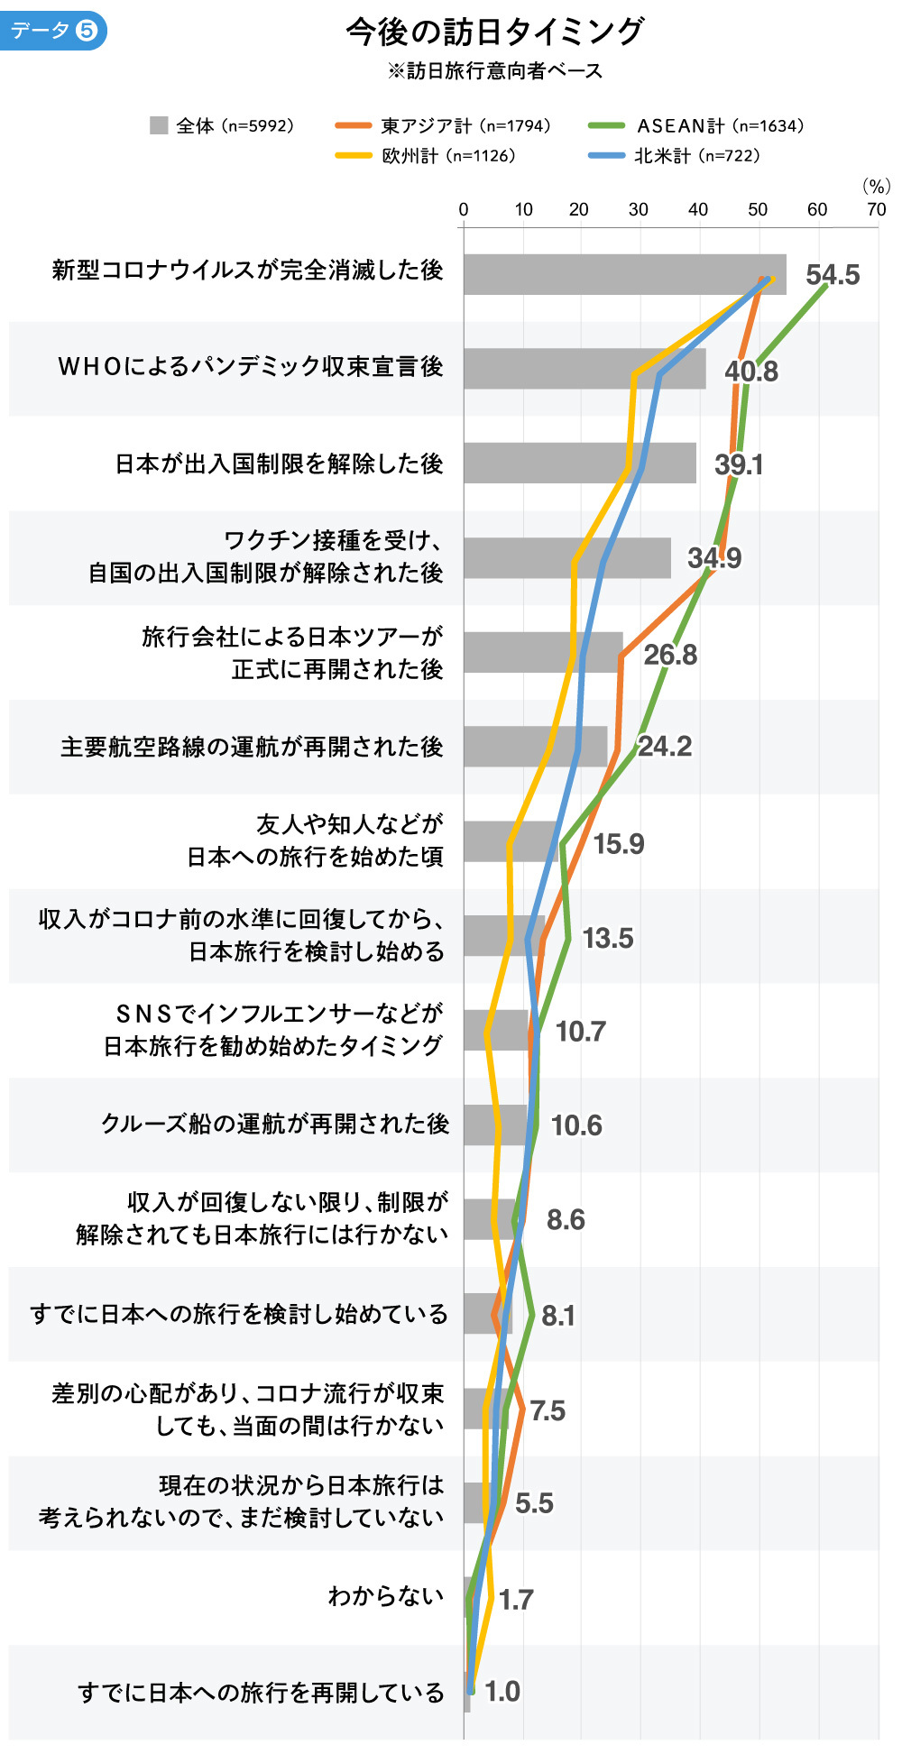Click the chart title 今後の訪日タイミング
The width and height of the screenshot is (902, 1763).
(x=494, y=32)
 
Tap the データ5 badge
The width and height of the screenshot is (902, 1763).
(x=52, y=31)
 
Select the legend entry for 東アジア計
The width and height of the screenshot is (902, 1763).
(x=442, y=125)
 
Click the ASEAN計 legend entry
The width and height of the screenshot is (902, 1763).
(x=695, y=125)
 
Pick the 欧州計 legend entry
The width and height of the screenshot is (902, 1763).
(x=425, y=155)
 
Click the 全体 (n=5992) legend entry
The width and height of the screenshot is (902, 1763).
(x=222, y=125)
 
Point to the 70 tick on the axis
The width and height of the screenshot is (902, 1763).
(x=876, y=210)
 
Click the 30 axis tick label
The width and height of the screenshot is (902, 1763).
(x=638, y=210)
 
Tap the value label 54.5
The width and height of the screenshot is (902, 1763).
(x=833, y=275)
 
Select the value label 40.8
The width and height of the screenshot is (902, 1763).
(x=751, y=371)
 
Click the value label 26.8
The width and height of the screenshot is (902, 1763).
(x=670, y=655)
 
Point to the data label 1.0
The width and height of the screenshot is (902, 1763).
(x=502, y=1691)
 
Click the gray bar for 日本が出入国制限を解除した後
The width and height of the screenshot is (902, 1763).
(x=579, y=463)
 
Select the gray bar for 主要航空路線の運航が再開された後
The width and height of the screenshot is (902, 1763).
(x=535, y=747)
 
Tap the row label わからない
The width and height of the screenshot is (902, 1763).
(x=386, y=1596)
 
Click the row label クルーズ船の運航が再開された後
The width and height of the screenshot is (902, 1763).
(x=274, y=1124)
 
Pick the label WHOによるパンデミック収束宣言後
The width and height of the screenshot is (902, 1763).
(x=250, y=366)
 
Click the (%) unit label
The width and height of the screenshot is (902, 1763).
(x=876, y=186)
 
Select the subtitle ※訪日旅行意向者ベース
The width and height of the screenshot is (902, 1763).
(x=494, y=70)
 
